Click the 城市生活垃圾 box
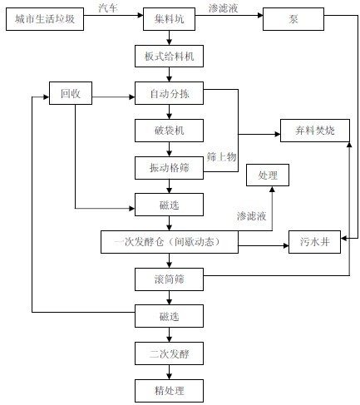point(45,19)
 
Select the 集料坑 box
point(169,19)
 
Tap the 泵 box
point(293,19)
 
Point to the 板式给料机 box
point(169,57)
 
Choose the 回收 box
point(71,93)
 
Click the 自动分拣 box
point(169,93)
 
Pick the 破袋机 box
point(169,131)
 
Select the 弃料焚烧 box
point(315,131)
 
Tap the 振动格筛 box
point(169,168)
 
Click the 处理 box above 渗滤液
point(268,175)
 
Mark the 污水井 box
point(314,242)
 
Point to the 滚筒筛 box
point(169,279)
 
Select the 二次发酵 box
point(169,353)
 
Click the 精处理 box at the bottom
point(169,391)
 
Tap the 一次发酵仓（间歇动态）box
point(170,242)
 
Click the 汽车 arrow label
point(108,8)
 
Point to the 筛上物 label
point(221,157)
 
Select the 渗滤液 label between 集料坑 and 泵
point(223,8)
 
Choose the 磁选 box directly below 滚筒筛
point(169,316)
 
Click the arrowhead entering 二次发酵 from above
point(169,339)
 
